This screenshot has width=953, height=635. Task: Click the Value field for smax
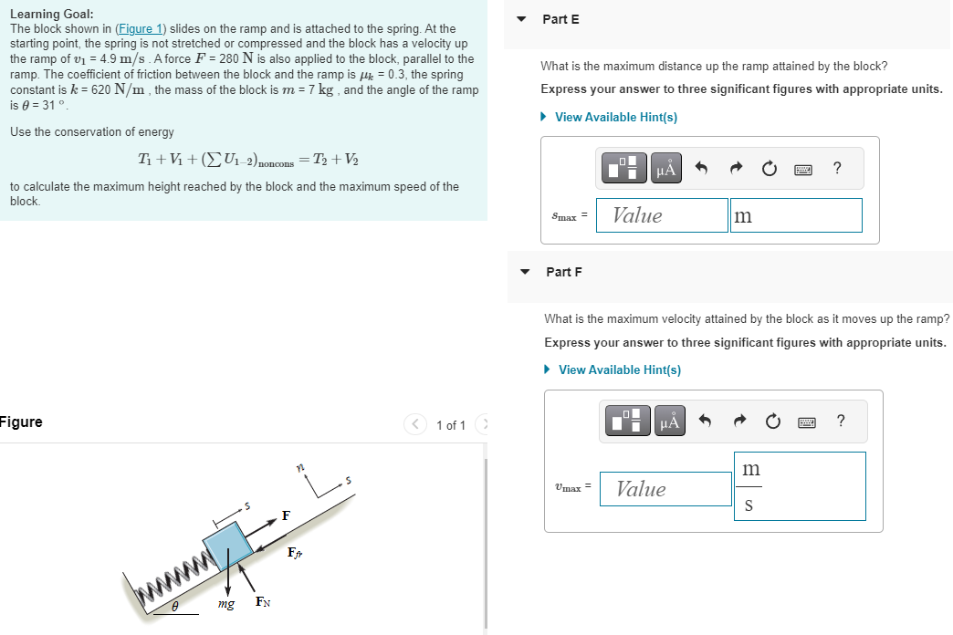(x=662, y=215)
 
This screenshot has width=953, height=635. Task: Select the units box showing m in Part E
(x=795, y=215)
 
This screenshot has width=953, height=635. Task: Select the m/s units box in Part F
(x=799, y=486)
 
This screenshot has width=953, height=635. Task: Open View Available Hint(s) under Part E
(x=615, y=117)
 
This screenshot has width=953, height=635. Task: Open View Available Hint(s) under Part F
(x=619, y=370)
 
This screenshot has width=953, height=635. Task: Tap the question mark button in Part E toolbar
(x=837, y=168)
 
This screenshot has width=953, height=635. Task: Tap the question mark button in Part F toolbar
(x=841, y=421)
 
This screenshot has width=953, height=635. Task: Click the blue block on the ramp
(x=228, y=545)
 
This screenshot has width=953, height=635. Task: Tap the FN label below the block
(x=261, y=602)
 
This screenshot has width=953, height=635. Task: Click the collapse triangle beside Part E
(x=522, y=19)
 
